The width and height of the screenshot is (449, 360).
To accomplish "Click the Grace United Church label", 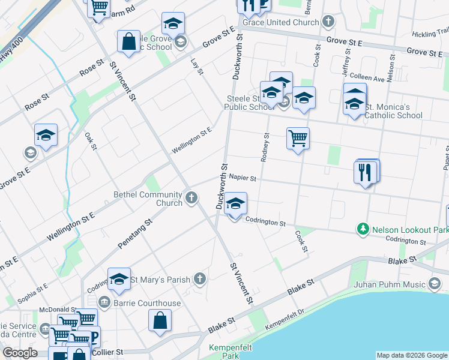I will pos(280,22).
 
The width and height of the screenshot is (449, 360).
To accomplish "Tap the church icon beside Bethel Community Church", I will pos(191,198).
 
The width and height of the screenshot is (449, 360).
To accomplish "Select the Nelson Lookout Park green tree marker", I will pos(363,229).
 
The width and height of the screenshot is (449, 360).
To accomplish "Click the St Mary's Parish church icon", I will pos(200,279).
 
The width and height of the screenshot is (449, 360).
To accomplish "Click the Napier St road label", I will pos(243,178).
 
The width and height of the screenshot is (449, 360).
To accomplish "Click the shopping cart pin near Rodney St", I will pos(298,139).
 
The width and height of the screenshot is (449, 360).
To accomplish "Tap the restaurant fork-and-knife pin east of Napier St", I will pos(366,172).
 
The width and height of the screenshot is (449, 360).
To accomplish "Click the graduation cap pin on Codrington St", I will pos(236,204).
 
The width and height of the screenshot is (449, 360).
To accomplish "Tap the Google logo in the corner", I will pos(20,353).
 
